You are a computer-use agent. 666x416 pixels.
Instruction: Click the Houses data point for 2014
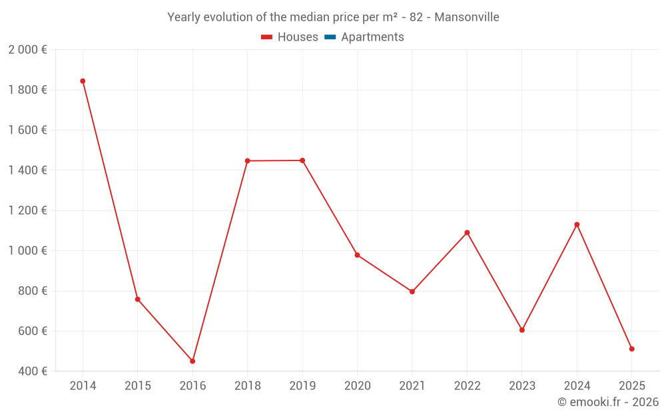point(83,81)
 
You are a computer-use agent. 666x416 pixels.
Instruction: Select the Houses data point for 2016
point(192,361)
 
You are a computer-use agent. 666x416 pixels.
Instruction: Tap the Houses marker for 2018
point(247,161)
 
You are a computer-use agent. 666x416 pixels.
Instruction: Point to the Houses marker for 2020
point(357,255)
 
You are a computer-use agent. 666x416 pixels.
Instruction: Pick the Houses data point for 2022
point(467,233)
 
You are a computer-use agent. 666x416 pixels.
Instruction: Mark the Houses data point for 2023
point(522,330)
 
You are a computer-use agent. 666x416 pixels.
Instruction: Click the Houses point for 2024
point(577,224)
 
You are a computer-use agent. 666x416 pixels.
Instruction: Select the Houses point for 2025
point(632,349)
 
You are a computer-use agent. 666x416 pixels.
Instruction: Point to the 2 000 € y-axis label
point(27,50)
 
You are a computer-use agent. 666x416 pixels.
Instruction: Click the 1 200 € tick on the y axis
point(27,210)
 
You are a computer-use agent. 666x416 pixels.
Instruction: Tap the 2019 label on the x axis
point(302,386)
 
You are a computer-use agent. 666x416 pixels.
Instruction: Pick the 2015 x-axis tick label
point(138,386)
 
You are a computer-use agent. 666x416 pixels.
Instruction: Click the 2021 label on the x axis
point(412,386)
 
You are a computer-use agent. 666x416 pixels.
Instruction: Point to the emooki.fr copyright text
point(608,402)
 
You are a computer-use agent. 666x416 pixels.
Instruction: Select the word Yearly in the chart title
point(184,17)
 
